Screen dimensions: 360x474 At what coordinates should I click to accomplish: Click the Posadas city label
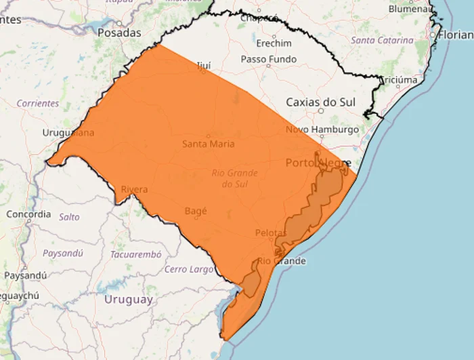(x=119, y=33)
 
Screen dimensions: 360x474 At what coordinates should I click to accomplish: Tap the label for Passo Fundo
(x=269, y=60)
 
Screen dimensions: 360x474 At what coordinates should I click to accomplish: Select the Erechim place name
(x=274, y=43)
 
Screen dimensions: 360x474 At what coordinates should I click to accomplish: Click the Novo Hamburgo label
(x=322, y=129)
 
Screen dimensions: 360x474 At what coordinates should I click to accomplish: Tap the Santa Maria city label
(x=209, y=144)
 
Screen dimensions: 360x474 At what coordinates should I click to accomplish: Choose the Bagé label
(x=196, y=211)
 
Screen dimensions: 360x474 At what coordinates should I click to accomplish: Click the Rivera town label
(x=134, y=189)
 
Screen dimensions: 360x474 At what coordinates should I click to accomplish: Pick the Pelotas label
(x=271, y=233)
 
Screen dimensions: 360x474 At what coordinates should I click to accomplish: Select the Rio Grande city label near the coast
(x=281, y=261)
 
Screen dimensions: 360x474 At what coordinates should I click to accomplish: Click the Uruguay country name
(x=128, y=299)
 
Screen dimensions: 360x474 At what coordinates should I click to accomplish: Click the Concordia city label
(x=28, y=214)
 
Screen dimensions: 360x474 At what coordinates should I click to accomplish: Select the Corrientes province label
(x=37, y=103)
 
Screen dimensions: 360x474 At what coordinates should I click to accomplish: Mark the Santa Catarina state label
(x=382, y=41)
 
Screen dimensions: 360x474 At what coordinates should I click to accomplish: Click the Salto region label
(x=69, y=217)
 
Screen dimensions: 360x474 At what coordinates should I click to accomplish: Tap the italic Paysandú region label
(x=62, y=253)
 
